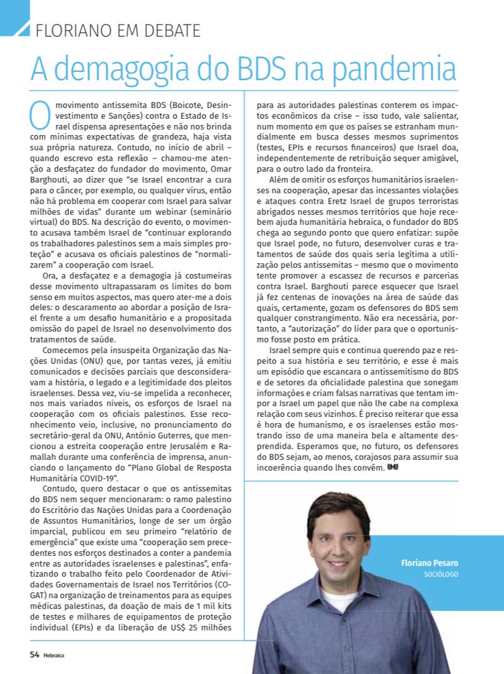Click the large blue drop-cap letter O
point(39,112)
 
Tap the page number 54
point(35,654)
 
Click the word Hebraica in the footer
point(54,655)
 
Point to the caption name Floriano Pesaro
point(430,562)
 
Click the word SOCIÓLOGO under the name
point(441,574)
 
